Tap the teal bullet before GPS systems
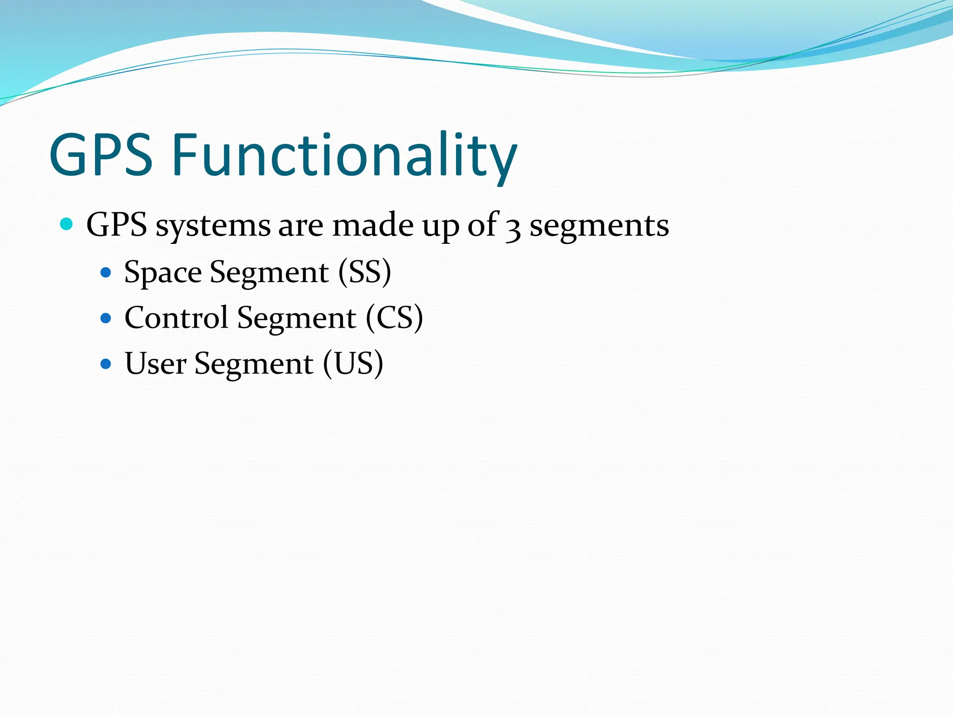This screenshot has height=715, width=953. [67, 224]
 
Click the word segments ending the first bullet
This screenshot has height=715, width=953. [599, 226]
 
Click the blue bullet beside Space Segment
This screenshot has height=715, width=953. [106, 272]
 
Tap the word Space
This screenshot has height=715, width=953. [163, 273]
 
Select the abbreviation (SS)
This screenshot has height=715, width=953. [364, 272]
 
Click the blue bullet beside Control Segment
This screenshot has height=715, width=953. [106, 318]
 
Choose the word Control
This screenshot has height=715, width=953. [176, 318]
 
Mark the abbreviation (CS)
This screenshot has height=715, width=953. [394, 318]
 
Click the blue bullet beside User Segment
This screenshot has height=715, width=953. [106, 364]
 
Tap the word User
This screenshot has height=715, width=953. [155, 364]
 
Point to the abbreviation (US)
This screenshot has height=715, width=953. [353, 364]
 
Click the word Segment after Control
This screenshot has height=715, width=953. [297, 319]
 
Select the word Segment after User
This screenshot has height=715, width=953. [254, 364]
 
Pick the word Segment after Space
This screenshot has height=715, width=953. [269, 273]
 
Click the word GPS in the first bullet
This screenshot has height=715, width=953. [117, 225]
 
